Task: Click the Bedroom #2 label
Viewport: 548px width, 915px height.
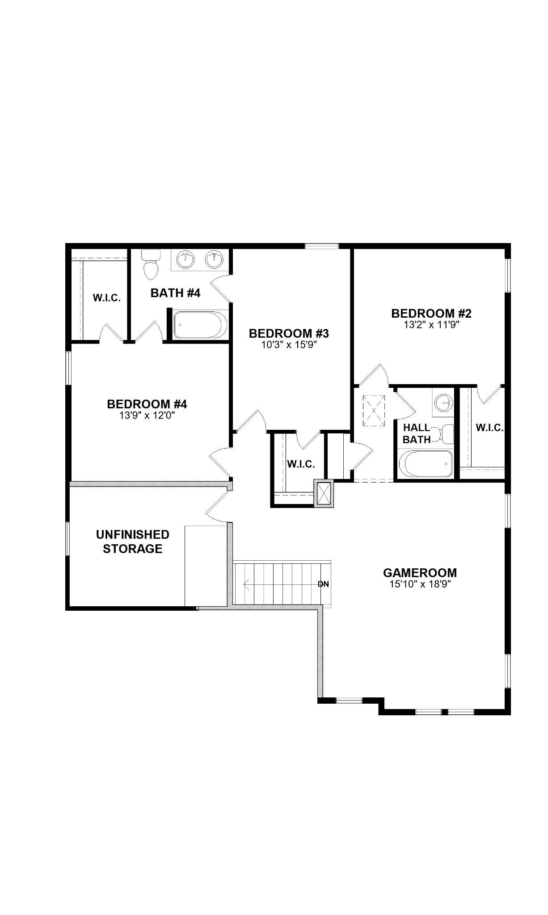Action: point(431,313)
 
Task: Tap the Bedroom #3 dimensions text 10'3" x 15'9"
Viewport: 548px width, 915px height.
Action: point(289,345)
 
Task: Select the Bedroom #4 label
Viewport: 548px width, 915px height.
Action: point(147,404)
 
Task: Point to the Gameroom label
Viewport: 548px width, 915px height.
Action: point(420,573)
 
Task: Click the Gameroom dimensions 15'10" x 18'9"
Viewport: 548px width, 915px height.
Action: point(420,584)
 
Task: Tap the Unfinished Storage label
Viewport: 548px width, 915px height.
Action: point(133,541)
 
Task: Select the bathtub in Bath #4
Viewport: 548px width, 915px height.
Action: point(200,325)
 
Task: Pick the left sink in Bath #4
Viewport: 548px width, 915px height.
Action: point(185,259)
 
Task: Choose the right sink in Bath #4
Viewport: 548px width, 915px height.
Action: point(215,259)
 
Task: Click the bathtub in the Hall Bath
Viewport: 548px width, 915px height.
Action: point(426,464)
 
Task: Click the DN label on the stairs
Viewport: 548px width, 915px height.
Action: point(323,584)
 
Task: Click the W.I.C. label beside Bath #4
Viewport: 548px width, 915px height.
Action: point(107,298)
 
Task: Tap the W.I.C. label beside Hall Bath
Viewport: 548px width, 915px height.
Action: point(490,428)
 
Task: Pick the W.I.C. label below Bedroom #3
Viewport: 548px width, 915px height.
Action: point(301,464)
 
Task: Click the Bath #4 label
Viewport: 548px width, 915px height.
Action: point(175,293)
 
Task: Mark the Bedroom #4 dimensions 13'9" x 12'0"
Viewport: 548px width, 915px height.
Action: point(147,416)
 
